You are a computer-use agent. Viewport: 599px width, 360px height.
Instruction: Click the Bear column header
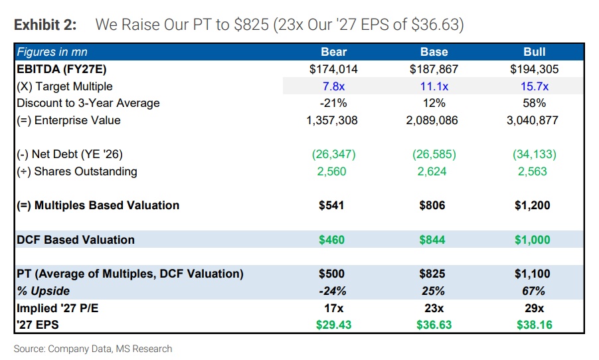click(x=333, y=52)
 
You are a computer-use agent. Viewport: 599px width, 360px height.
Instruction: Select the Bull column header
click(x=534, y=52)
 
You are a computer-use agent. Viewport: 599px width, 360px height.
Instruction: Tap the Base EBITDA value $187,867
click(x=434, y=69)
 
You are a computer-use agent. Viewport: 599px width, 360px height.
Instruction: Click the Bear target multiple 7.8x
click(x=333, y=86)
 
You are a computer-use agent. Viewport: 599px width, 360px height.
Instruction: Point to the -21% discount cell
click(x=333, y=103)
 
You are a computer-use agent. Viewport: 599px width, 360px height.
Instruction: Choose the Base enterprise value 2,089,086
click(x=434, y=120)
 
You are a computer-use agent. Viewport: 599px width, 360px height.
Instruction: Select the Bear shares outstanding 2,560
click(x=333, y=171)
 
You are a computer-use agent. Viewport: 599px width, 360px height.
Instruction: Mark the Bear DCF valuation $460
click(x=332, y=240)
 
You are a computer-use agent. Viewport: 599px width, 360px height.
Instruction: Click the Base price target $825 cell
click(x=434, y=274)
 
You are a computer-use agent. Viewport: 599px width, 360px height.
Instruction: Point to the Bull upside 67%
click(x=534, y=291)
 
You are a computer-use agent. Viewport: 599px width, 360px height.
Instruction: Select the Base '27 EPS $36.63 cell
click(x=434, y=325)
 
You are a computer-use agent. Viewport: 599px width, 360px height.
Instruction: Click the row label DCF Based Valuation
click(x=76, y=240)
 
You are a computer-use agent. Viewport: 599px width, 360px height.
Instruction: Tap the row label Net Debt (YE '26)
click(x=70, y=154)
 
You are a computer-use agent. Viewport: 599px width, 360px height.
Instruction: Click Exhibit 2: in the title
click(x=45, y=25)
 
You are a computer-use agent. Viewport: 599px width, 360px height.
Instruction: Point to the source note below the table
click(x=93, y=349)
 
